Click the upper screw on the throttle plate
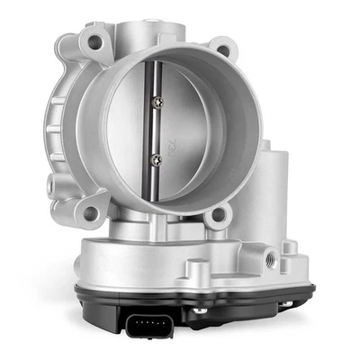tap(157, 99)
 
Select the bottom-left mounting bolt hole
tap(90, 212)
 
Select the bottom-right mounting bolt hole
tap(216, 216)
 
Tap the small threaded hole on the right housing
tap(270, 256)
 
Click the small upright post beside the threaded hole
tap(290, 250)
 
